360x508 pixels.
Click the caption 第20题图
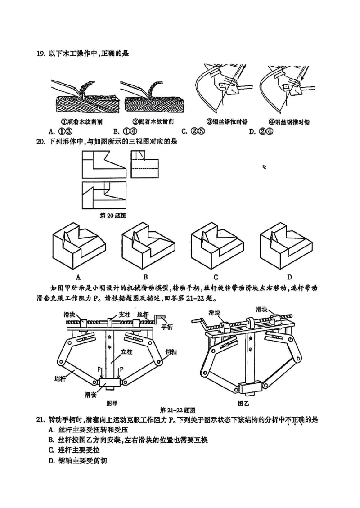click(112, 216)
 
